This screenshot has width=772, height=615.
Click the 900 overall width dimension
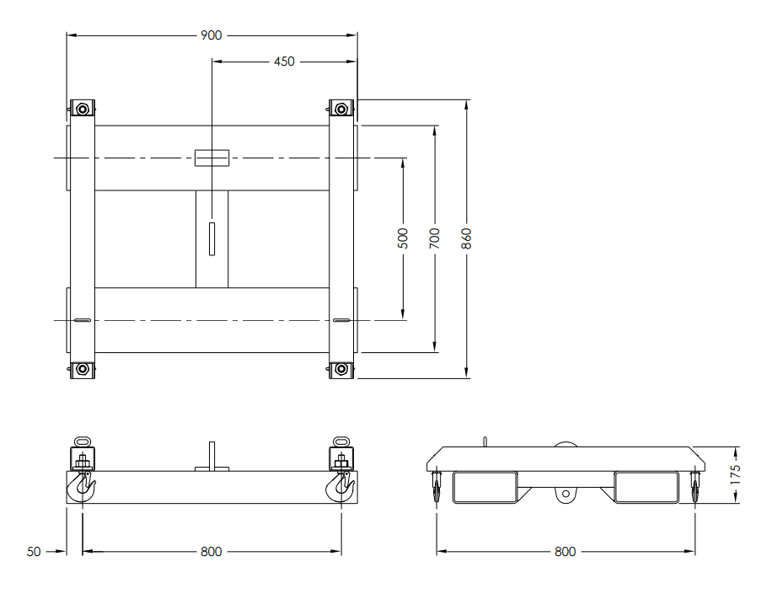(x=212, y=35)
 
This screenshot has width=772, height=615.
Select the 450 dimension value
(x=284, y=61)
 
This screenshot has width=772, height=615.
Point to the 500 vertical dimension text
(x=403, y=238)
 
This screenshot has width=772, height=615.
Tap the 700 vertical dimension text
(x=435, y=238)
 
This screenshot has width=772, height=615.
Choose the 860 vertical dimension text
(x=466, y=239)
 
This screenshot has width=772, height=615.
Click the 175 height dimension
(x=736, y=475)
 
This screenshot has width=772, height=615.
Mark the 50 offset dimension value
(x=34, y=552)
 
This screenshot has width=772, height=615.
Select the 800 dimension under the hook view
(x=212, y=552)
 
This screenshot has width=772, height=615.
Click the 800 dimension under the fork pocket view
(x=566, y=552)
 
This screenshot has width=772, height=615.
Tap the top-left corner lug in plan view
(x=82, y=109)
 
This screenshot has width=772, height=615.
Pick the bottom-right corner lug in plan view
(x=341, y=369)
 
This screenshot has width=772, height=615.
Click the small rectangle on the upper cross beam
(x=212, y=158)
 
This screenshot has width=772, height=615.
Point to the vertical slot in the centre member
(x=212, y=238)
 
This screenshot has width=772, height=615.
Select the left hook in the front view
(x=85, y=486)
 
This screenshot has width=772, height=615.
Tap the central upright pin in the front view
(x=212, y=455)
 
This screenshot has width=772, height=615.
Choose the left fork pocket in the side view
(x=485, y=487)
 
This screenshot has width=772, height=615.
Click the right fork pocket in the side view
(x=646, y=487)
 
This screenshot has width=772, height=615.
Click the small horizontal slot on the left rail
(x=82, y=320)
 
